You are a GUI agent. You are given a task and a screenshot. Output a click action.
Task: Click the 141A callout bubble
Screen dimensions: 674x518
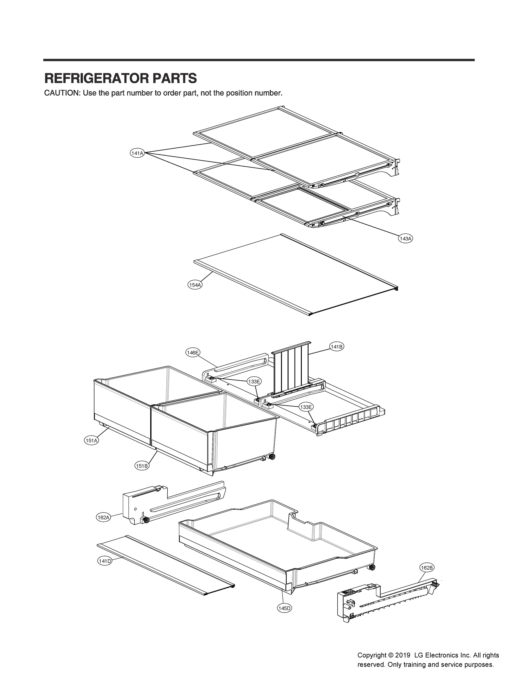click(x=137, y=153)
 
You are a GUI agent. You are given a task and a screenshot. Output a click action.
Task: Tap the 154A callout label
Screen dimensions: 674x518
click(x=195, y=285)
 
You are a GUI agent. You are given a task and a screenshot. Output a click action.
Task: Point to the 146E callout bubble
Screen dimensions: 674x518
click(x=193, y=352)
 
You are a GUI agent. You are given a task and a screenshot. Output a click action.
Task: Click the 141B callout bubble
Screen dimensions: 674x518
click(x=336, y=347)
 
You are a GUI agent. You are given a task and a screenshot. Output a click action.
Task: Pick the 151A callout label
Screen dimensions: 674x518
click(x=91, y=441)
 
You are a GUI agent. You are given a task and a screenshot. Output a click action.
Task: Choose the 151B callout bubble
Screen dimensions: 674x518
click(x=142, y=466)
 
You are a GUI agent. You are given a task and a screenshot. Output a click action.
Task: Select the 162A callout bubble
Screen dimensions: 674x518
click(x=103, y=518)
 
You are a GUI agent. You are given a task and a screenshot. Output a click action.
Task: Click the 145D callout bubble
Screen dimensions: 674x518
click(x=284, y=608)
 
